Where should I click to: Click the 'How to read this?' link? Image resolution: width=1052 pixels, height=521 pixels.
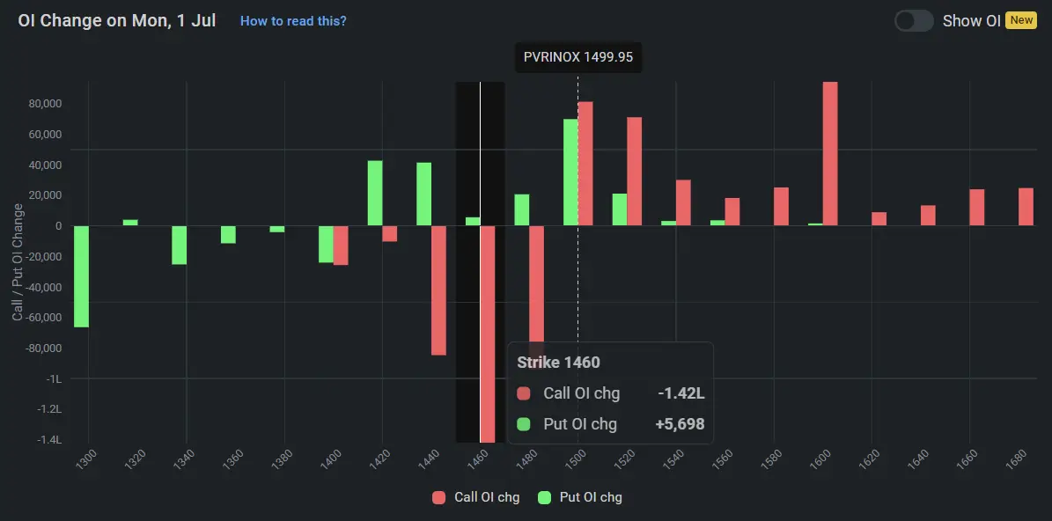coord(293,21)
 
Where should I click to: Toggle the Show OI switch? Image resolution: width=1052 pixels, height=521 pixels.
coord(914,21)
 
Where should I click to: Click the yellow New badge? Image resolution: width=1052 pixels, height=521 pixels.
coord(1021,20)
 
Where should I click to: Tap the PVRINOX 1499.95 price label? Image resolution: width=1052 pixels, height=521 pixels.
coord(578,59)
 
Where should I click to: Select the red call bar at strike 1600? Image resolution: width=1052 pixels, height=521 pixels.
coord(829,154)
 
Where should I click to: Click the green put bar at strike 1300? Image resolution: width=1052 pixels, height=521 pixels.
coord(81,276)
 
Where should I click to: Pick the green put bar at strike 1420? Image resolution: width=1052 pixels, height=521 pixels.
coord(375,194)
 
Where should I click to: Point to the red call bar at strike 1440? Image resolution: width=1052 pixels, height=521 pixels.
coord(438,290)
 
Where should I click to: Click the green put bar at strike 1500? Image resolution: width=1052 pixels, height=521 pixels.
coord(570,172)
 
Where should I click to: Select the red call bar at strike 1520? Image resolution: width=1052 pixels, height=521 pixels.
coord(634,172)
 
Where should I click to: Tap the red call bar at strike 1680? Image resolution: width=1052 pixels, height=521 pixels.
coord(1026,207)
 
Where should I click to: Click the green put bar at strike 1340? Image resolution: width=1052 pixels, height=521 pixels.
coord(179,245)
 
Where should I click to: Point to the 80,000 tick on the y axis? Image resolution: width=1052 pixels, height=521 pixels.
coord(44,104)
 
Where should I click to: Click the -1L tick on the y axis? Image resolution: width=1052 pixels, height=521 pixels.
coord(53,378)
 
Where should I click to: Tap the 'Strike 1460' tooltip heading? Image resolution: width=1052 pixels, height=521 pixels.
coord(558,363)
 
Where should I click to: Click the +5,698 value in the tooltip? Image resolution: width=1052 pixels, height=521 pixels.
coord(680,424)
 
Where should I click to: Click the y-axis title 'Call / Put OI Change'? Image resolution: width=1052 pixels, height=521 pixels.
coord(18,261)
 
